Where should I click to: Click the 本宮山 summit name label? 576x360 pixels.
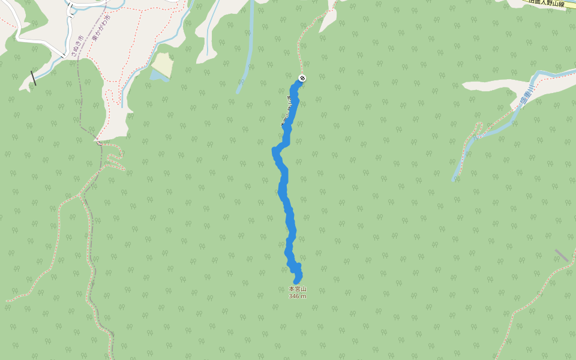pos(298,289)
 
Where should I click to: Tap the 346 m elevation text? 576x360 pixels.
pos(298,296)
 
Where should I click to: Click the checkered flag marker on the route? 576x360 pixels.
pos(302,78)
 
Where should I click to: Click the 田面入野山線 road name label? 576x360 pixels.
pos(547,4)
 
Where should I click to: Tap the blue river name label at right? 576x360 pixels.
pos(527,95)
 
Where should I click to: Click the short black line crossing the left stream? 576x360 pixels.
pos(34,78)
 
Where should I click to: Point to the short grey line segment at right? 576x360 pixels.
pos(562,256)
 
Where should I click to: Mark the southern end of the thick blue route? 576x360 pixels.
pos(296,281)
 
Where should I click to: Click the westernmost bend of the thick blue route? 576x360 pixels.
pos(275,150)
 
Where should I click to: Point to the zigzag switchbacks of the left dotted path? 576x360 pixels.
pos(115,159)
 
